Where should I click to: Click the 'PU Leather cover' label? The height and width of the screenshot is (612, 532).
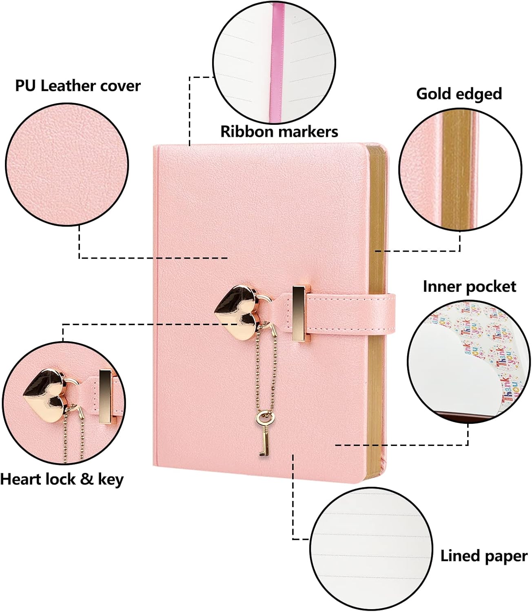78,86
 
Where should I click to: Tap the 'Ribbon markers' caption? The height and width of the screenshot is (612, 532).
279,132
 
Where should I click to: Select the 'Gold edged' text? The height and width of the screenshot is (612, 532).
459,94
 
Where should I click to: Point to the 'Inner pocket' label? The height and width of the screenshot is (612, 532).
470,286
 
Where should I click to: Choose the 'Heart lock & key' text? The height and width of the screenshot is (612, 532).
62,479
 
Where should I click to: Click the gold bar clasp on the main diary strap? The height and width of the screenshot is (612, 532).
299,314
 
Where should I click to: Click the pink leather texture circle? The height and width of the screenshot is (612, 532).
67,164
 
